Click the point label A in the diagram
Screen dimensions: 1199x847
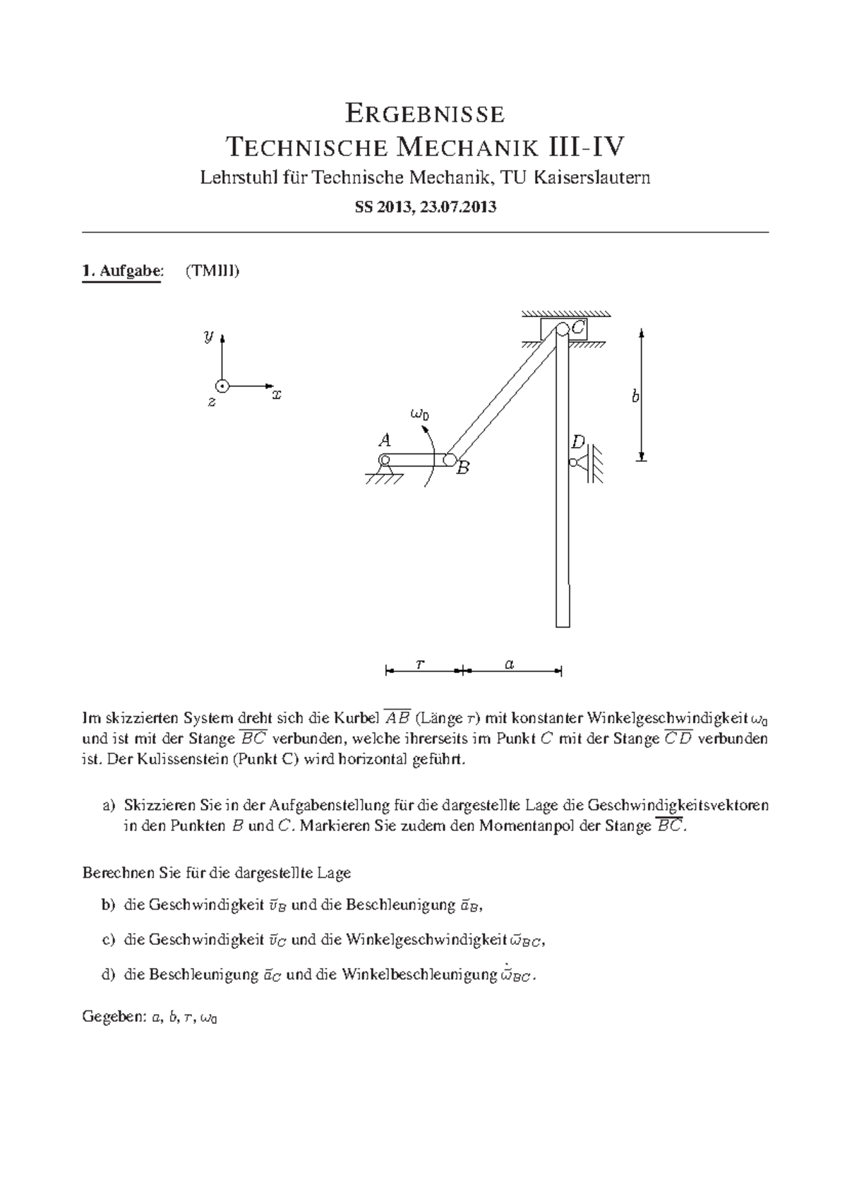point(385,441)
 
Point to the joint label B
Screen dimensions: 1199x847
point(463,468)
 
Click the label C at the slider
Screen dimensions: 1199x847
point(578,328)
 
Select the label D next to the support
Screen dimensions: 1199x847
point(578,443)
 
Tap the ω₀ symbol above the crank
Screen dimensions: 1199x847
point(419,414)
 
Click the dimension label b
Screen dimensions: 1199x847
point(635,398)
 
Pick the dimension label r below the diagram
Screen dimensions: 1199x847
point(421,663)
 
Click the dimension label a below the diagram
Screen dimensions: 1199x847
point(510,663)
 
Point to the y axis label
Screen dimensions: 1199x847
point(208,337)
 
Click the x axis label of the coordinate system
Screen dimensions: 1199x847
point(277,395)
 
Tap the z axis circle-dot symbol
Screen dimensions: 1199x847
point(222,386)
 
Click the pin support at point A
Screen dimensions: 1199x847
point(385,467)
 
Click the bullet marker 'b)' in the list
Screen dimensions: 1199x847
point(108,905)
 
